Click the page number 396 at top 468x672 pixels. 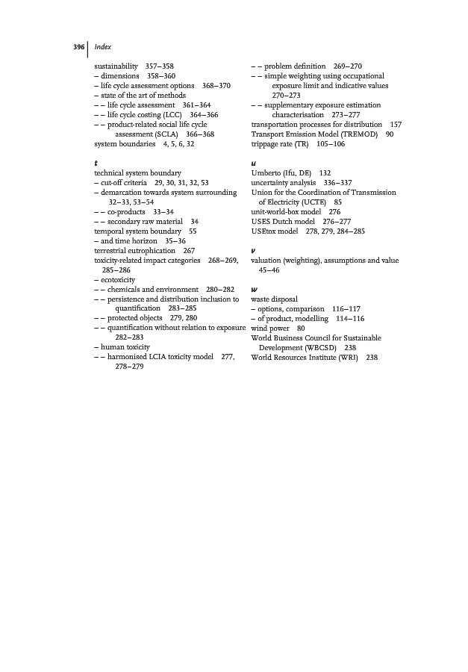pyautogui.click(x=78, y=47)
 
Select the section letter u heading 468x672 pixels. pyautogui.click(x=255, y=163)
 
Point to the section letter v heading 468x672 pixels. pyautogui.click(x=255, y=250)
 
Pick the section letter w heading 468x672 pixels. pyautogui.click(x=255, y=288)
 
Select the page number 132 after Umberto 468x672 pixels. pyautogui.click(x=325, y=172)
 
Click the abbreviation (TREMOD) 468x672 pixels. pyautogui.click(x=352, y=134)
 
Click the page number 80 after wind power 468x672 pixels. pyautogui.click(x=301, y=328)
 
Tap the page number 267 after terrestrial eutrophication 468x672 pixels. pyautogui.click(x=189, y=251)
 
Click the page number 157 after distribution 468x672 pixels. pyautogui.click(x=396, y=124)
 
